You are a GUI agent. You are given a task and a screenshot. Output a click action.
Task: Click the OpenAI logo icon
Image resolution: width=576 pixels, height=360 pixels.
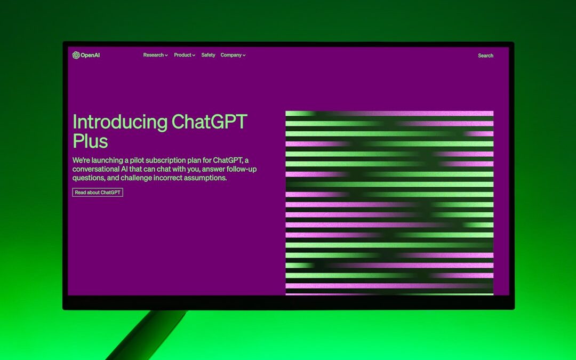[x=76, y=55]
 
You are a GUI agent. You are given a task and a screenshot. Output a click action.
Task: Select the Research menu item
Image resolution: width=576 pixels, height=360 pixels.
[x=154, y=55]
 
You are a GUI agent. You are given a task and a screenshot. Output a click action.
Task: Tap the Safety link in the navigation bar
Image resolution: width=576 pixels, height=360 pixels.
[x=208, y=55]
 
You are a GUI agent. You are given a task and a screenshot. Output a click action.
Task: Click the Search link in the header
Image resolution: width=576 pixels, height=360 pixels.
[x=485, y=55]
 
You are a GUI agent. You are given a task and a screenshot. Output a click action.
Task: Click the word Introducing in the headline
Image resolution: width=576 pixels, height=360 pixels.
[x=120, y=122]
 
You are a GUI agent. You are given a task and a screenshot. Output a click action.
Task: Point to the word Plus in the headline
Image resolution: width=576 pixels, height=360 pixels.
[x=90, y=141]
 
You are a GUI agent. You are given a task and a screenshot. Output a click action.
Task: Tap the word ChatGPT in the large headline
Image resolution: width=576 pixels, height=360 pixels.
[x=210, y=122]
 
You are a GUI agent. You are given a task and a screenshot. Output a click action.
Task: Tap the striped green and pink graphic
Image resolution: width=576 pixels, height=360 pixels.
[x=389, y=203]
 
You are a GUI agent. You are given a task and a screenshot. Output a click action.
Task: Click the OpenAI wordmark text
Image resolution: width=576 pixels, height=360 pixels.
[x=90, y=55]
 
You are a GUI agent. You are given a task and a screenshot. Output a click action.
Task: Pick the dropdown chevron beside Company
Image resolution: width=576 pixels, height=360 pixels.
[x=244, y=55]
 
